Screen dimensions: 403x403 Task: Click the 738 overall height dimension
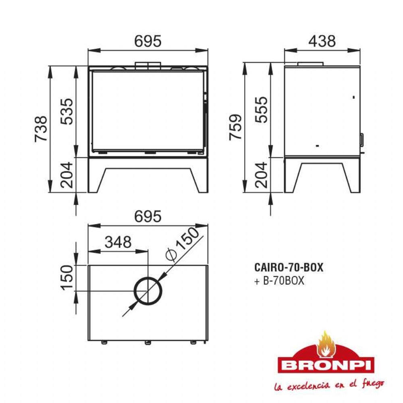pos(41,129)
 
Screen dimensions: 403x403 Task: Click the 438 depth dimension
pos(322,41)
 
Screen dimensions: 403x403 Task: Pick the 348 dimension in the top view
pos(118,242)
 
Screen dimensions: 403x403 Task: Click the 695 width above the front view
pos(147,41)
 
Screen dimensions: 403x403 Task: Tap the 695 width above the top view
pos(147,217)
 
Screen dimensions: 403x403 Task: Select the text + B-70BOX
pos(279,281)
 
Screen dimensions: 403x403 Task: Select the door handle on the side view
pos(362,139)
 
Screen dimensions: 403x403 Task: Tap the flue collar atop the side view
pos(310,64)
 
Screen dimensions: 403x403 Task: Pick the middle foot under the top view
pos(148,343)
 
